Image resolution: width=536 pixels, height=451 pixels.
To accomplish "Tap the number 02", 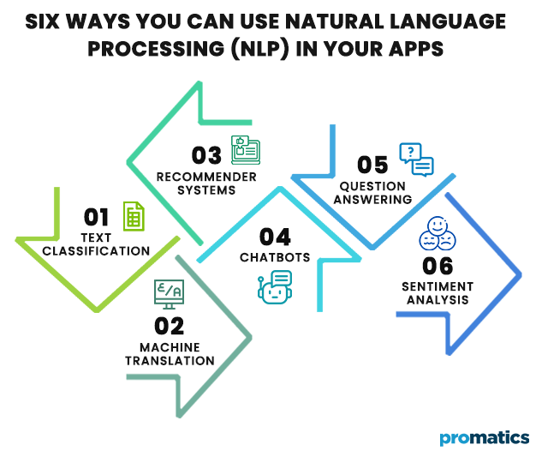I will click(x=170, y=326).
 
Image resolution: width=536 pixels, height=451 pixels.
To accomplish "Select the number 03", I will click(x=206, y=155).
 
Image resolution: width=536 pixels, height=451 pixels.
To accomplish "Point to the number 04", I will click(x=274, y=237).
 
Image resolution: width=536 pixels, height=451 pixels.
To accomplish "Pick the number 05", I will click(x=373, y=165).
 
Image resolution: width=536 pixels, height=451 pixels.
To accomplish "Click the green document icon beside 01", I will click(x=133, y=216).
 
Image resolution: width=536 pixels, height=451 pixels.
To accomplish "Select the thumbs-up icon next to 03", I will click(x=245, y=149).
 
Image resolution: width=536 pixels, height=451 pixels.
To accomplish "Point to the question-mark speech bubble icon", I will click(x=416, y=159).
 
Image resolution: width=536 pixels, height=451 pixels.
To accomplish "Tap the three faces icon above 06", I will click(x=437, y=230).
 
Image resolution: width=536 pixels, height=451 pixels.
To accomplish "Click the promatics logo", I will click(x=483, y=437).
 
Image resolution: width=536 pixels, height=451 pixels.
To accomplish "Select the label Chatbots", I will click(x=274, y=257).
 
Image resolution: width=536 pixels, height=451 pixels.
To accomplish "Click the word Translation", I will click(x=170, y=360).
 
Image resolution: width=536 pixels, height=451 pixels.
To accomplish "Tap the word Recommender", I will click(x=206, y=177).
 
